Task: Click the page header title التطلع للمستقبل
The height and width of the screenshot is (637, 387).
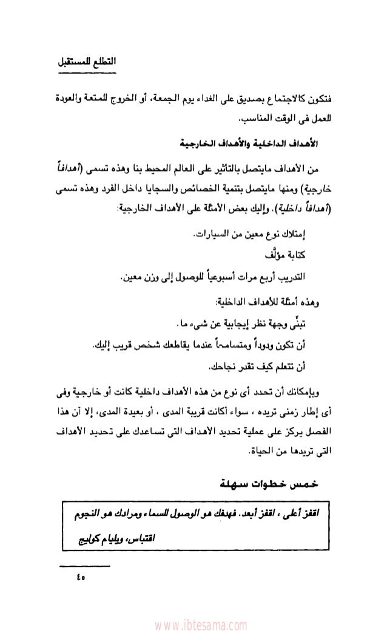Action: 89,62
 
